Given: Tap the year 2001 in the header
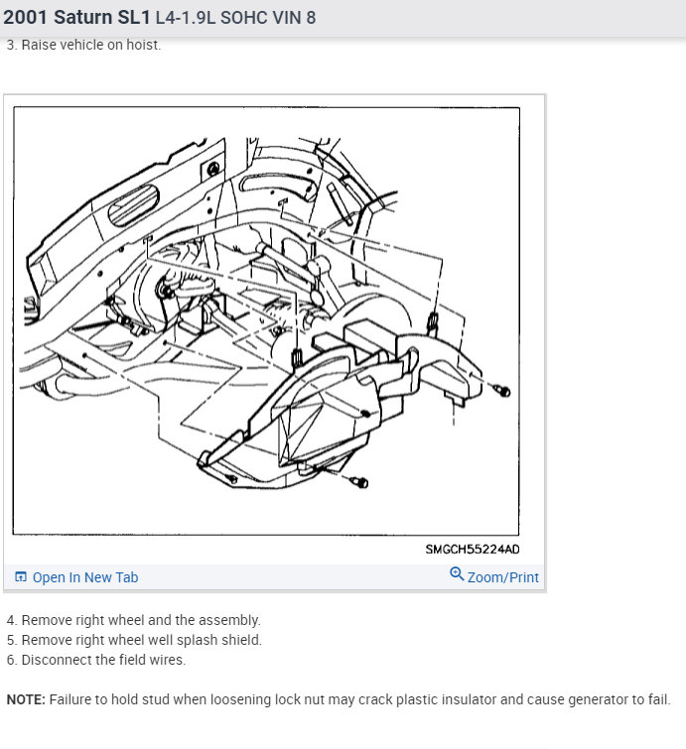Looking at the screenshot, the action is tap(25, 17).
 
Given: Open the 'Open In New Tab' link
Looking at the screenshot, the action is tap(85, 577).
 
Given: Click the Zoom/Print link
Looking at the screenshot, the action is tap(503, 577).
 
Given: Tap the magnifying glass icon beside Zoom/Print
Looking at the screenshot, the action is tap(457, 573).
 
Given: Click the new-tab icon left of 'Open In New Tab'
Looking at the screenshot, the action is tap(21, 576).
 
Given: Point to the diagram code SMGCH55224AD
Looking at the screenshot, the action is tap(473, 550).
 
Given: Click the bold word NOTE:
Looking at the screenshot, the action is tap(26, 699).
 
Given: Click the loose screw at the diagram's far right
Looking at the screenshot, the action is tap(502, 391).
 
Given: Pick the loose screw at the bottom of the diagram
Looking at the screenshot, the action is tap(359, 482).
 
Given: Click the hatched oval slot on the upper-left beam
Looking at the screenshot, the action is tap(134, 205).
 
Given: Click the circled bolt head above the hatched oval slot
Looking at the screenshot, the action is tap(213, 168).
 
